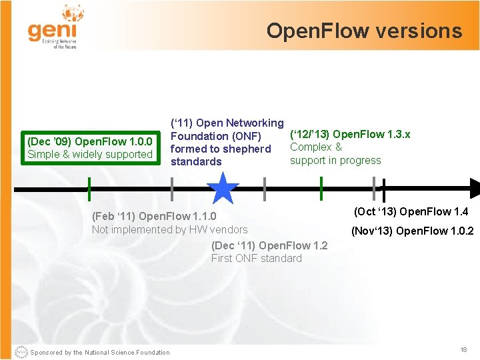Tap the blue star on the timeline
tap(223, 189)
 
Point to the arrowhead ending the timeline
tap(473, 189)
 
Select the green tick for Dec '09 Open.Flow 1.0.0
tap(89, 189)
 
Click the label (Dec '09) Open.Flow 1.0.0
tap(90, 141)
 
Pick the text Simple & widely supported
tap(90, 155)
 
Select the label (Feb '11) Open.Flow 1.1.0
tap(154, 216)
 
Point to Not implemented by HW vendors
tap(169, 229)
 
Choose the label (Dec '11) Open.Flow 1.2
tap(269, 245)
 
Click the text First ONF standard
tap(256, 258)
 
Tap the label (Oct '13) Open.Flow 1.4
tap(411, 212)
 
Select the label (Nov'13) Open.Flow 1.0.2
tap(413, 231)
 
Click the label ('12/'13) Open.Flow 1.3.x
tap(350, 134)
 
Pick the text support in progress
tap(335, 160)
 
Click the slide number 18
tap(463, 350)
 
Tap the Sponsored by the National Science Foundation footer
tap(100, 353)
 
